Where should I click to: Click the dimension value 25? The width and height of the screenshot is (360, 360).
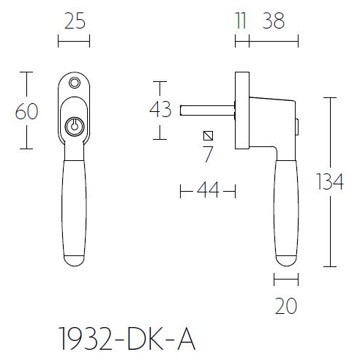click(73, 22)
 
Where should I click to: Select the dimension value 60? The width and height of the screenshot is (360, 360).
click(26, 111)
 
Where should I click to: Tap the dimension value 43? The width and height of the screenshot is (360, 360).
click(160, 110)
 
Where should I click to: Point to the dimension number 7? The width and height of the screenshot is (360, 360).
click(209, 154)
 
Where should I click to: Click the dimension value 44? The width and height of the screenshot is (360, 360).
click(208, 192)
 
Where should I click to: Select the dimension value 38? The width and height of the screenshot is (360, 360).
click(273, 22)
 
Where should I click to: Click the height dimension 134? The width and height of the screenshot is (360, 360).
click(331, 181)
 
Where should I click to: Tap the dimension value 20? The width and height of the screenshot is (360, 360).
click(286, 306)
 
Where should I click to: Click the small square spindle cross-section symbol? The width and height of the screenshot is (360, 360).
click(209, 136)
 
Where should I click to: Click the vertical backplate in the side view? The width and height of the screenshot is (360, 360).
click(241, 110)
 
